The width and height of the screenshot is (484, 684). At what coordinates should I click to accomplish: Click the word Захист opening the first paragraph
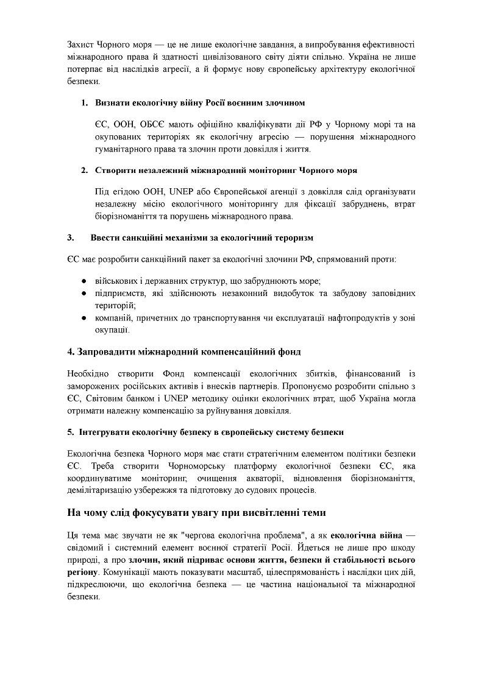tap(81, 45)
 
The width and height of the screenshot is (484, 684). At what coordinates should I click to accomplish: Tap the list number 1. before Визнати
tap(85, 102)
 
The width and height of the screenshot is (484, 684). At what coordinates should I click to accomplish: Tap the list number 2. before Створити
tap(85, 169)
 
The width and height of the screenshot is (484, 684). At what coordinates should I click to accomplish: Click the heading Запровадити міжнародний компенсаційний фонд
tap(183, 352)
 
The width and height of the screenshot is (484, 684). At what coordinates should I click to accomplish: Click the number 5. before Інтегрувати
tap(71, 432)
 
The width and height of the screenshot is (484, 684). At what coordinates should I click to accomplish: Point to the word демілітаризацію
tap(101, 490)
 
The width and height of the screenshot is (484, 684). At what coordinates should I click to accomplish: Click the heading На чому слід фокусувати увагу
tap(196, 513)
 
